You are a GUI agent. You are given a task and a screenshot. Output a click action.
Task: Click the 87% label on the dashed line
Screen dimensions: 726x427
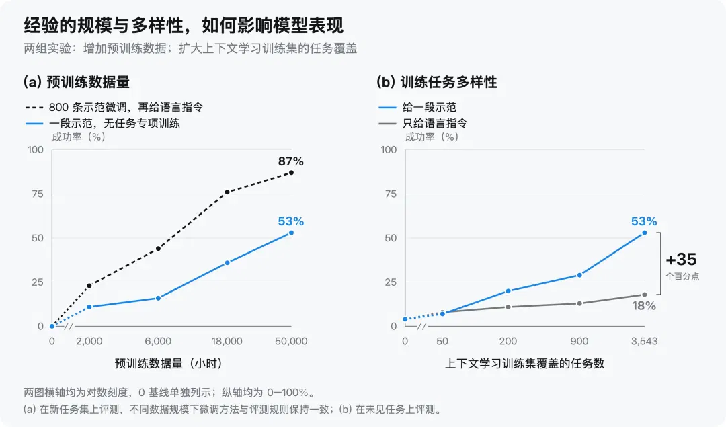(291, 161)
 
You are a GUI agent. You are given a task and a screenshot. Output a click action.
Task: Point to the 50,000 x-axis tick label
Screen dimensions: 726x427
(291, 342)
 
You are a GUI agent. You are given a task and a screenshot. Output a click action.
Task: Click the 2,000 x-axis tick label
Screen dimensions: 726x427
(89, 342)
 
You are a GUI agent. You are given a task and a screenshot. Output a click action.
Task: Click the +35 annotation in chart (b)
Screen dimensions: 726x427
(681, 260)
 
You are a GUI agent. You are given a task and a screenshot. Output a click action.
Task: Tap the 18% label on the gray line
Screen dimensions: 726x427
(644, 306)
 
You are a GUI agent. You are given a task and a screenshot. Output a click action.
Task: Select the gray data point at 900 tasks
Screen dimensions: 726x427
(579, 303)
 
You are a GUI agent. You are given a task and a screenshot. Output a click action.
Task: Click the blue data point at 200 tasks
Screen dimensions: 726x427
(508, 291)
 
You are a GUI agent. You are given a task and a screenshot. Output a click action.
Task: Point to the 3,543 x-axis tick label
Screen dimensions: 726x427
(644, 342)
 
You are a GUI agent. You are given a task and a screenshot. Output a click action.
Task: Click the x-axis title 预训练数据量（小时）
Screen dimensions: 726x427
(169, 364)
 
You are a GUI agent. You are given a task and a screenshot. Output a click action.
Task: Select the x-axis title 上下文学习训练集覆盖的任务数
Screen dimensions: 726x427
(524, 364)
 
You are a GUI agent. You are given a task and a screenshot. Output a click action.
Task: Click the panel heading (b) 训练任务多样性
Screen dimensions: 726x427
(437, 83)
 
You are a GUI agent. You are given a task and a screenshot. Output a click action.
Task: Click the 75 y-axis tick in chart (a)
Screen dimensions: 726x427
(38, 194)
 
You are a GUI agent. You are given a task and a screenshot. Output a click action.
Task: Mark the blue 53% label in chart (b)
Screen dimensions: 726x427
(644, 221)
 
